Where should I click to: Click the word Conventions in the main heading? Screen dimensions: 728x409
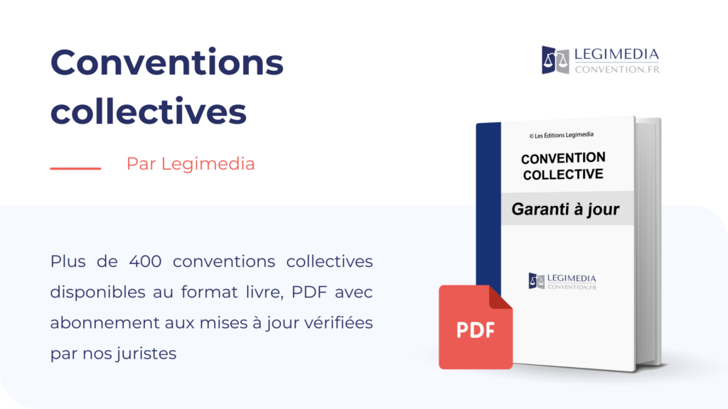pos(166,62)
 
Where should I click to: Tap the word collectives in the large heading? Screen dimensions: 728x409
pos(148,111)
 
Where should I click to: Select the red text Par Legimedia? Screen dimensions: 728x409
pos(191,164)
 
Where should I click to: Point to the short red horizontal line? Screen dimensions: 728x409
pos(75,168)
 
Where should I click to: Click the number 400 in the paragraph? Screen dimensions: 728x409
pos(145,261)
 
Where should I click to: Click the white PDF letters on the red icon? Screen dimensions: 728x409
pos(475,330)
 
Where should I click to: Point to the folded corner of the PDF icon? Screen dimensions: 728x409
pos(500,298)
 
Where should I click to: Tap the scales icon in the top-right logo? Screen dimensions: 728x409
pos(555,60)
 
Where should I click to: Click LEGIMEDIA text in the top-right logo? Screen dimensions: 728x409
pos(616,54)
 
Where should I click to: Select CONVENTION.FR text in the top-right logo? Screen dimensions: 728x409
pos(617,70)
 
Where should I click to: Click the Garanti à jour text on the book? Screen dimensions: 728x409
pos(565,209)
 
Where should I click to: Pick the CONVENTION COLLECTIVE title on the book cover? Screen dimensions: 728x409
pos(563,166)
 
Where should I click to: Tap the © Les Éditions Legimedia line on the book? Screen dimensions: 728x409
pos(562,136)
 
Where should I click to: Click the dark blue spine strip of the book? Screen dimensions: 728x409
pos(488,204)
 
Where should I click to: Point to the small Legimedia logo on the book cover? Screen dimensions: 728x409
pos(562,281)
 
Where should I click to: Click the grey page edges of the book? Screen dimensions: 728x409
pos(648,241)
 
